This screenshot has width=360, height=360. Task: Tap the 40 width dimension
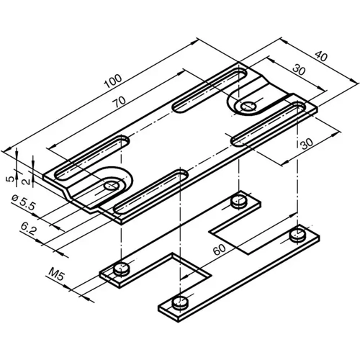tap(319, 55)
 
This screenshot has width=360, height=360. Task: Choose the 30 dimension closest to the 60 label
tap(306, 144)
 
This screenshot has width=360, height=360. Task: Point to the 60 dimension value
tap(220, 251)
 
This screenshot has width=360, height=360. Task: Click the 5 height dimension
tap(7, 177)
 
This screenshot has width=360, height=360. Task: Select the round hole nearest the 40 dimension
tap(248, 107)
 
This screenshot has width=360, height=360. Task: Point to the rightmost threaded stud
tap(296, 233)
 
